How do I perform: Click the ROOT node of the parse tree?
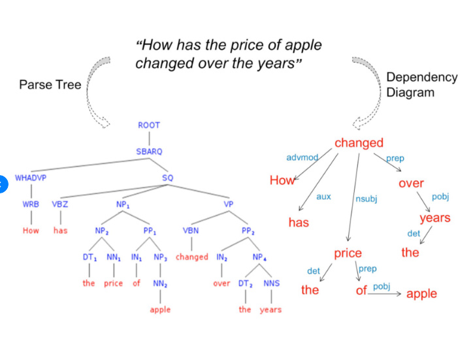[149, 125]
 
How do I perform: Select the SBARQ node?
[149, 152]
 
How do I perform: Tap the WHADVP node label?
[31, 178]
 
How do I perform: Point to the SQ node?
[168, 178]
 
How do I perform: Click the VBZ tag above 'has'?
[60, 205]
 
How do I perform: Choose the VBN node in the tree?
[191, 231]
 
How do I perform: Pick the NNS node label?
[272, 283]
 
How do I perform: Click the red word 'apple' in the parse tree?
[160, 310]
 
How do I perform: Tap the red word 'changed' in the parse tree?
[192, 257]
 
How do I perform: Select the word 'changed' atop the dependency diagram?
[359, 143]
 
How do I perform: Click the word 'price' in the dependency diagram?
[348, 254]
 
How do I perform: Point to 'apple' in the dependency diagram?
[421, 293]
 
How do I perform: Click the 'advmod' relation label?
[302, 157]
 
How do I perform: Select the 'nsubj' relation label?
[367, 199]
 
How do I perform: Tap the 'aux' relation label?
[323, 197]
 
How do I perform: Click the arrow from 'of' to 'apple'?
[384, 293]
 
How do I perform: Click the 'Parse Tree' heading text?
[50, 85]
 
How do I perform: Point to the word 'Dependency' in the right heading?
[422, 78]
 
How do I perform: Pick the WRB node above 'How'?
[31, 205]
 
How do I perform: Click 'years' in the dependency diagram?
[435, 218]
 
